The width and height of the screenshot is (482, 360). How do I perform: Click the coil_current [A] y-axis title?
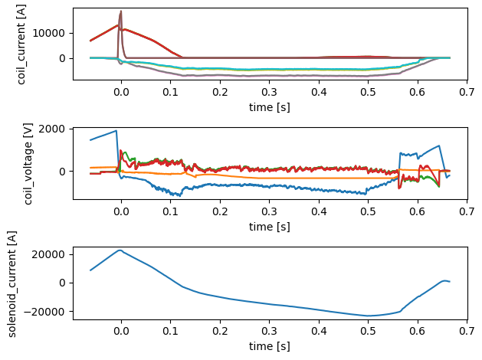click(24, 44)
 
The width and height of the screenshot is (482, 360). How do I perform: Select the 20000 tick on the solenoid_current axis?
click(52, 254)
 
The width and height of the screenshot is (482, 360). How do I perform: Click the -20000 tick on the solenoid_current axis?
click(49, 312)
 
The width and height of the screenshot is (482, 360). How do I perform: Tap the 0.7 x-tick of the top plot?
click(467, 91)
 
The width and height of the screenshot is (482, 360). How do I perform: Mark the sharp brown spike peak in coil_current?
click(121, 11)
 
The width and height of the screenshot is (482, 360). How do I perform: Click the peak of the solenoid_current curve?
click(120, 250)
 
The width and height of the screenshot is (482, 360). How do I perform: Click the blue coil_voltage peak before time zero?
click(116, 130)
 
